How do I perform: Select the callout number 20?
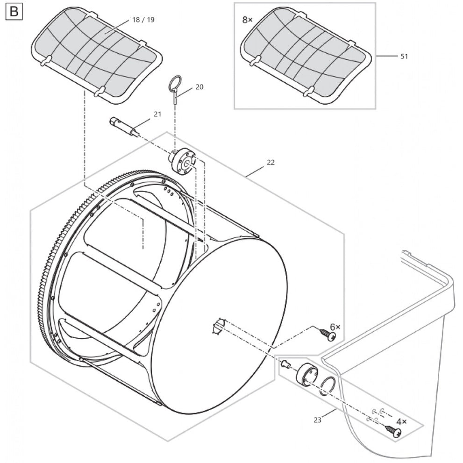click(x=199, y=87)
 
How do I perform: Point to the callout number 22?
click(x=271, y=163)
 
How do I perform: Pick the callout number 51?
click(x=404, y=56)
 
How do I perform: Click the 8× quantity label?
click(x=247, y=20)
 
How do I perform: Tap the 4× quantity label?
click(x=401, y=421)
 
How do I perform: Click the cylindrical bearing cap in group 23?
click(x=307, y=374)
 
